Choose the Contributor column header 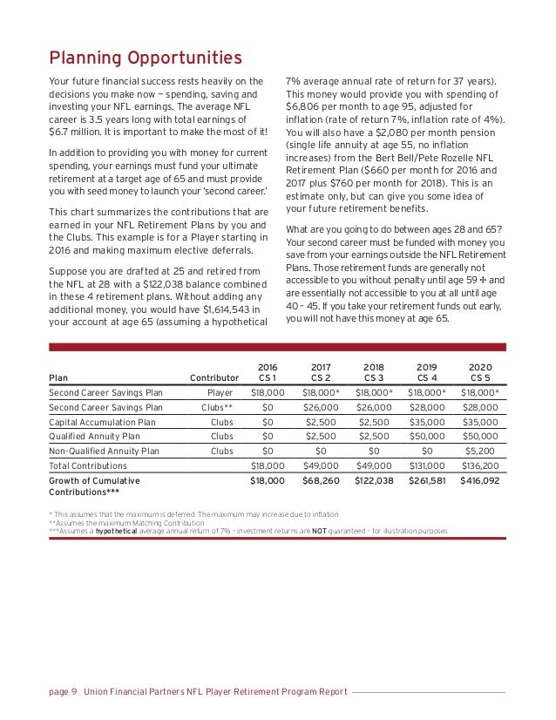click(214, 377)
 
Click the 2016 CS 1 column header click(268, 372)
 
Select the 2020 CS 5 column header click(480, 372)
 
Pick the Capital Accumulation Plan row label click(102, 421)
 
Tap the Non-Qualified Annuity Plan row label click(104, 451)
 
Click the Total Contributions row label click(87, 465)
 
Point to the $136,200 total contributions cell click(480, 465)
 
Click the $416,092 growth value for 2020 click(480, 480)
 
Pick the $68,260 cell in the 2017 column click(321, 480)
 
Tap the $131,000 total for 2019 click(427, 465)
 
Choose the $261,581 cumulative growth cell click(427, 480)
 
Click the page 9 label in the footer click(63, 692)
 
